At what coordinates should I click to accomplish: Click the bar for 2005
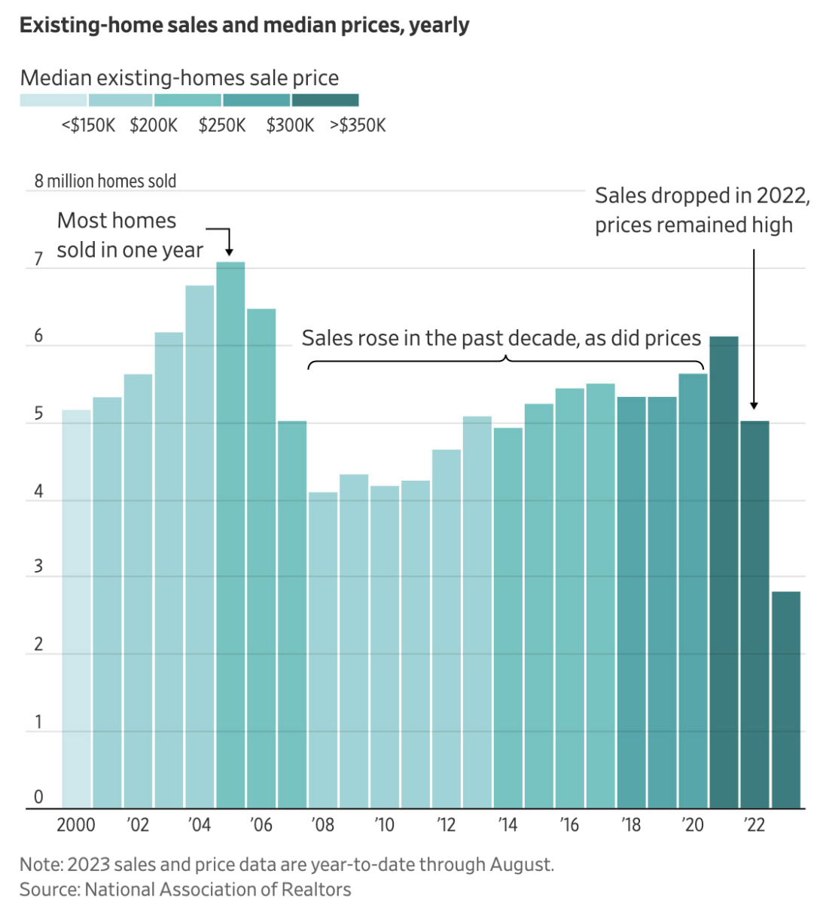pos(230,535)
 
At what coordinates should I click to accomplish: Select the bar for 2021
pos(724,573)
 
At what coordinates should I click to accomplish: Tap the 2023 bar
pos(785,700)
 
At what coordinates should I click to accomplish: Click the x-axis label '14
pos(508,825)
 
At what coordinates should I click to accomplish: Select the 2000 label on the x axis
pos(76,825)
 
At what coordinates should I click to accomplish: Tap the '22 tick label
pos(754,825)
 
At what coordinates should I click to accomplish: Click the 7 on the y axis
pos(38,260)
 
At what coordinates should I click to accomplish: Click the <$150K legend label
pos(88,125)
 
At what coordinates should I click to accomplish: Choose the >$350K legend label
pos(358,125)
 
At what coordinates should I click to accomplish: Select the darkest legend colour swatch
pos(325,100)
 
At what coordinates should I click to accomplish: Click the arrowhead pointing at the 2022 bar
pos(754,406)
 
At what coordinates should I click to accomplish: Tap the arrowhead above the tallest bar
pos(230,252)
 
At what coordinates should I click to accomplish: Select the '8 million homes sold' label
pos(105,182)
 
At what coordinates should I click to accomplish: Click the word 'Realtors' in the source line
pos(316,889)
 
